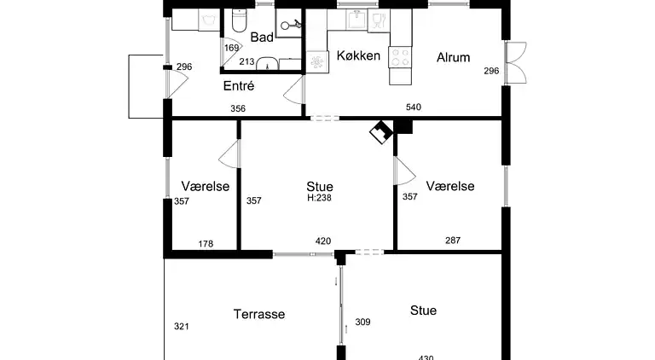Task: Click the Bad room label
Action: pos(262,38)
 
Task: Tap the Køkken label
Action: pos(358,55)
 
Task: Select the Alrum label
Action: pos(453,57)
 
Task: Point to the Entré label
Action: pos(239,85)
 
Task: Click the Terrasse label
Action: pos(259,314)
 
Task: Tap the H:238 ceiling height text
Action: pos(319,198)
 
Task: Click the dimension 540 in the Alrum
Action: pos(413,107)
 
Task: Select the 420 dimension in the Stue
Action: pos(323,241)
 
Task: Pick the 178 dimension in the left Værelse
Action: pos(206,244)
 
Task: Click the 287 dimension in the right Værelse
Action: pos(453,241)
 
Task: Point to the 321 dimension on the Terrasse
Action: pos(182,327)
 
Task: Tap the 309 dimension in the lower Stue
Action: pos(362,322)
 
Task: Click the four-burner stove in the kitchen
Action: pos(400,57)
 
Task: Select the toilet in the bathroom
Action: pos(240,21)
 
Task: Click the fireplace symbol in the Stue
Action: pos(381,132)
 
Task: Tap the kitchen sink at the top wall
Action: pos(356,20)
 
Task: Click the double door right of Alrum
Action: pos(516,62)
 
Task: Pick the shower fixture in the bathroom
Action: pos(290,25)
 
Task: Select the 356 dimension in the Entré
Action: pos(238,108)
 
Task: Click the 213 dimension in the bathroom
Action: pos(246,61)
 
